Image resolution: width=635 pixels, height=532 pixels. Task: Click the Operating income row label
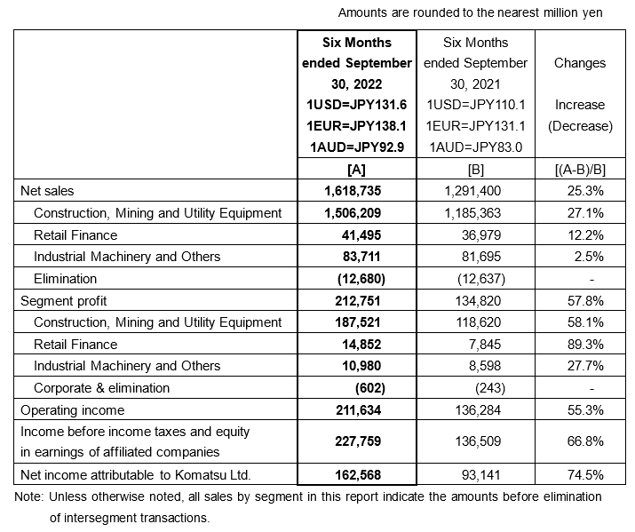[x=72, y=410]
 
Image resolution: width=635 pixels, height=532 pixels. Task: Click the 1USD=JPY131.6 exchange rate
[x=356, y=105]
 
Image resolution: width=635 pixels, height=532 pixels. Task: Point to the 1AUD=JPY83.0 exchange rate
[x=475, y=147]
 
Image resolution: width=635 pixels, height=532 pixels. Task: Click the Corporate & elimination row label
[x=100, y=388]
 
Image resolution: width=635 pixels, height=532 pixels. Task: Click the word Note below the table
[x=29, y=496]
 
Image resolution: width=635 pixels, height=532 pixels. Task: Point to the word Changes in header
[x=580, y=63]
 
